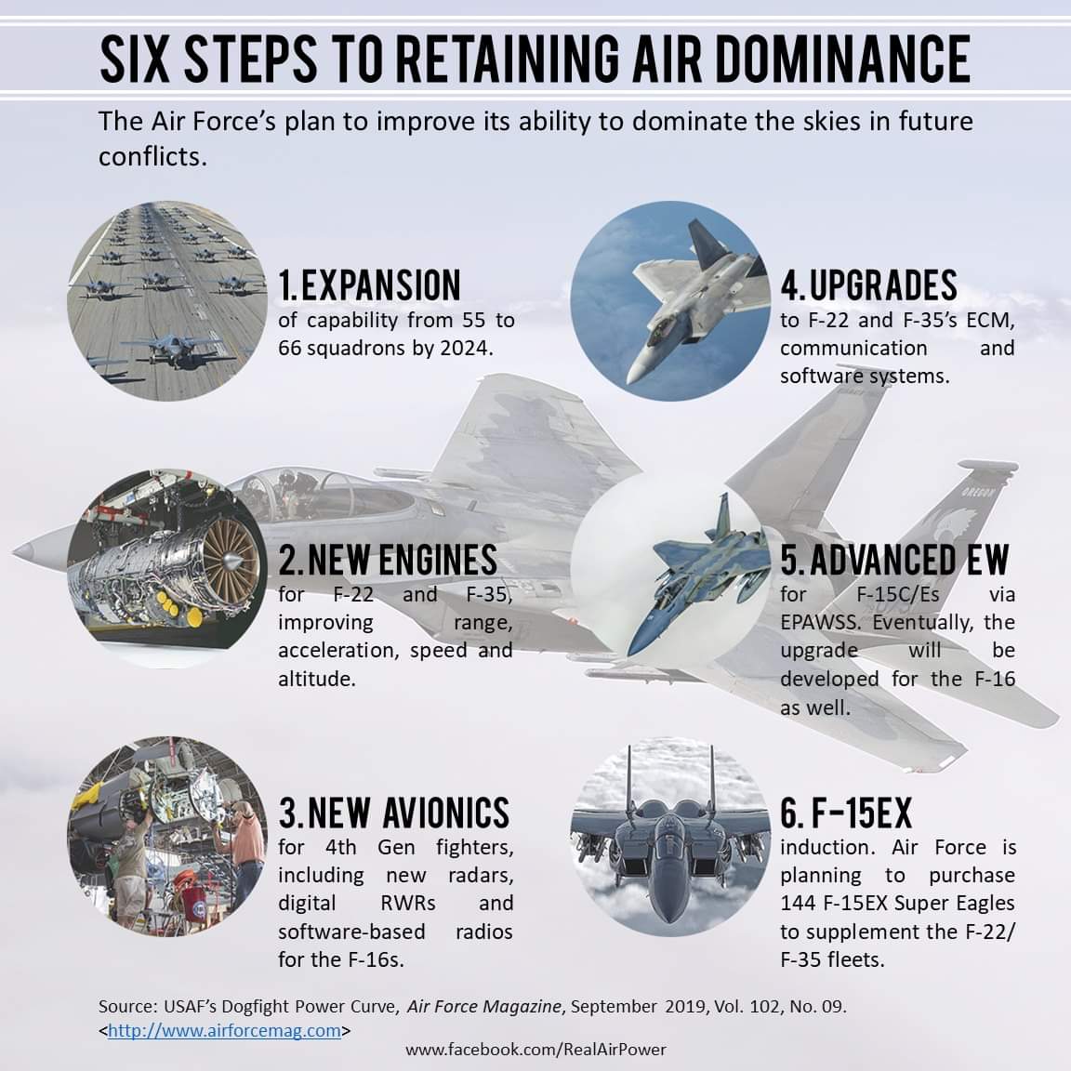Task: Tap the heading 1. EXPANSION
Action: click(370, 285)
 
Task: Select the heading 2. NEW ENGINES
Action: click(388, 561)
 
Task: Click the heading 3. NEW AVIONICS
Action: click(394, 813)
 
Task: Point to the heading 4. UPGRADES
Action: click(868, 285)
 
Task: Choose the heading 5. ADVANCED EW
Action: click(894, 561)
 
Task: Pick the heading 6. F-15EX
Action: click(846, 813)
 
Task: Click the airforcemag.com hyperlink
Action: click(224, 1030)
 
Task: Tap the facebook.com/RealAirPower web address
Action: click(535, 1050)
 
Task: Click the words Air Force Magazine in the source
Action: click(484, 1007)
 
